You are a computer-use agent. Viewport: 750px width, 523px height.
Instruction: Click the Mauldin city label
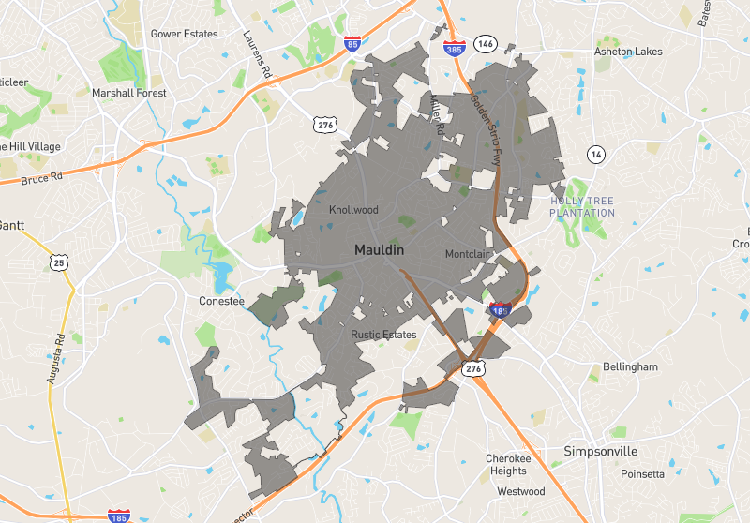(379, 251)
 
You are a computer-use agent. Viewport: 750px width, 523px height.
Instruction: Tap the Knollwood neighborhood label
(352, 210)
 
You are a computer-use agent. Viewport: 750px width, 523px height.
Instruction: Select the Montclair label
(468, 254)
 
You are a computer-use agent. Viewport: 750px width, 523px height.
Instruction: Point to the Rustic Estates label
(383, 335)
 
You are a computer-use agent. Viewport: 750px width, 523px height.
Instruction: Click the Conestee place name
(221, 302)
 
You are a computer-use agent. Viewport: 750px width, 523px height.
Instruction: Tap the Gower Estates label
(184, 34)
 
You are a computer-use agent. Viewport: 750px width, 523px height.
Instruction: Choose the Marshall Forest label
(128, 93)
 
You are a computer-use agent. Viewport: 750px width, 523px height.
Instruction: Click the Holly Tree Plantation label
(583, 206)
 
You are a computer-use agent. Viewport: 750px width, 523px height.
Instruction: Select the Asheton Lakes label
(628, 52)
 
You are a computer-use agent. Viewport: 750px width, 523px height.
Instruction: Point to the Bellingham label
(630, 366)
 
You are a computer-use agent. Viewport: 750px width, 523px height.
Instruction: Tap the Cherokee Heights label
(507, 465)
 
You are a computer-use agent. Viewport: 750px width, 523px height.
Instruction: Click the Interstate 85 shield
(352, 43)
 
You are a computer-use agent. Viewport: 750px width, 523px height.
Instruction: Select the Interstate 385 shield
(452, 46)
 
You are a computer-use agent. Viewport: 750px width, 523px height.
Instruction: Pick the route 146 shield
(485, 44)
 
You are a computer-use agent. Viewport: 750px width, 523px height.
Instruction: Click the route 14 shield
(595, 153)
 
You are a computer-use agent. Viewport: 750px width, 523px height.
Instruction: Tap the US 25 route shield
(59, 263)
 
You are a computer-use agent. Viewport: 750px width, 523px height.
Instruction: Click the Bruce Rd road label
(41, 176)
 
